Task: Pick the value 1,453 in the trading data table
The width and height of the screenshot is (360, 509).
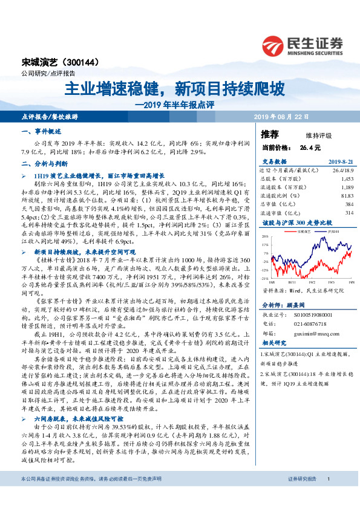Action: (x=347, y=180)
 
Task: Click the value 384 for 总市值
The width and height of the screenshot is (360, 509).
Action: (x=349, y=204)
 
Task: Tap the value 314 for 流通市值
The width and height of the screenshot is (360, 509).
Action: (x=349, y=213)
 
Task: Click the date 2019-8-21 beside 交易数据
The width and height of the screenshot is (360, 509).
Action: (x=339, y=162)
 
